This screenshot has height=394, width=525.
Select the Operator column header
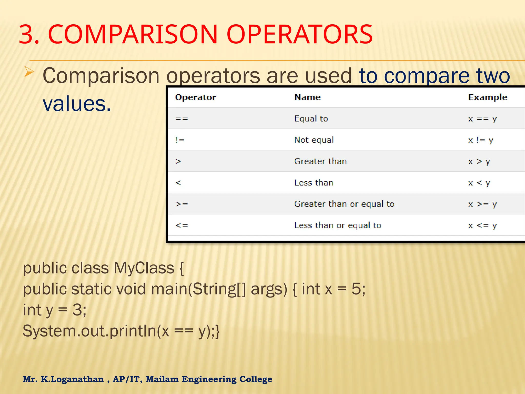(x=195, y=97)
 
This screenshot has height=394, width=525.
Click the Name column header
(x=307, y=97)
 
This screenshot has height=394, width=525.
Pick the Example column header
(x=487, y=97)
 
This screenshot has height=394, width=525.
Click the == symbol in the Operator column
(x=181, y=119)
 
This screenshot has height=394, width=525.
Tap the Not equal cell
(x=314, y=140)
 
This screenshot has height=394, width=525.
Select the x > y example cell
(x=479, y=162)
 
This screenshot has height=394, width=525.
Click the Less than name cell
(x=314, y=183)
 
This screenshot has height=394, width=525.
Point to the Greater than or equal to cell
(x=344, y=204)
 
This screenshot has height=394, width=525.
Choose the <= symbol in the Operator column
(x=181, y=225)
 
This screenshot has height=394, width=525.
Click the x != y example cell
(x=480, y=140)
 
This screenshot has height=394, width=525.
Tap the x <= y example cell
(x=482, y=225)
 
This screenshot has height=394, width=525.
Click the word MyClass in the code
(x=144, y=268)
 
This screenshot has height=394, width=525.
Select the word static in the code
(x=92, y=289)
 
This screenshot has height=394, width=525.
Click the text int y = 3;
(x=55, y=310)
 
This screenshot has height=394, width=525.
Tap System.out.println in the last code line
(x=89, y=331)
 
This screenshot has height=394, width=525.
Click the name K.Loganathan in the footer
(x=72, y=379)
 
